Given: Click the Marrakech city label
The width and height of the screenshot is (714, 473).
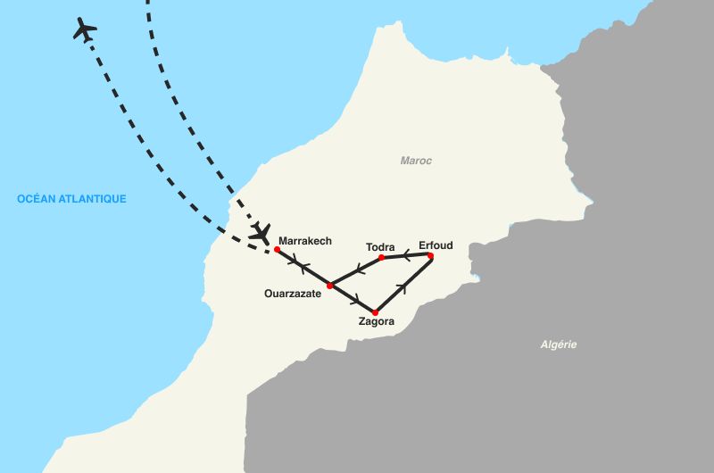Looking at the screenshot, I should coord(304,241).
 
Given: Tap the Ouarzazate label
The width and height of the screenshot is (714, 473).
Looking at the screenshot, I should coord(293,293).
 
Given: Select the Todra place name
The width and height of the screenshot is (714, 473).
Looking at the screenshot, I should coord(380,246).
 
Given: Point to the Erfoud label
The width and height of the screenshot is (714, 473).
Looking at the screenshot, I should coord(436,245).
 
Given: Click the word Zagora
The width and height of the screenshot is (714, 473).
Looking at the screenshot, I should coord(376,322).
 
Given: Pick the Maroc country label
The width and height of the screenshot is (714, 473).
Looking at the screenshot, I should coord(416,161).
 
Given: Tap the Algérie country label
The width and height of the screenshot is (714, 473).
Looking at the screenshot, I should coord(560,344).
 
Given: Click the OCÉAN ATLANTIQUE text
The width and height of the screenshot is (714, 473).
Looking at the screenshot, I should coord(71,199).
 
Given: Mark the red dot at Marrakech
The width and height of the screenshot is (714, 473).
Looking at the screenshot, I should coord(278,250).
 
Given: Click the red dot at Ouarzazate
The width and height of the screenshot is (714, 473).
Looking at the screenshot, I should coord(330,286).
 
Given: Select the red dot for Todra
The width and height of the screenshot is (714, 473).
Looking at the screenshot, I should coord(381,258).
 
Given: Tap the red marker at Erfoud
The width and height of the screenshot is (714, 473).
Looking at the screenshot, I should coord(430,256).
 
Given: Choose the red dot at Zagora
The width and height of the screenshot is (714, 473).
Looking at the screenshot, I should coord(375,312).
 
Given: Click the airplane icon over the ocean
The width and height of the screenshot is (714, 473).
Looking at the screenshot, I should coord(85,29).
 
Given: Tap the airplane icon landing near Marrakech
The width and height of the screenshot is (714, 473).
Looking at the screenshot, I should coord(261,233).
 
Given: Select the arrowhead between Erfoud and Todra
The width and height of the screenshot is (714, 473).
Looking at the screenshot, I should coord(407,257).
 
